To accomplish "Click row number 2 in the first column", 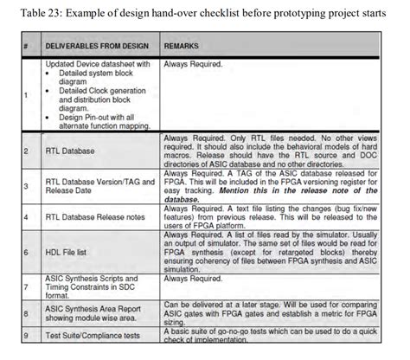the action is pos(29,151).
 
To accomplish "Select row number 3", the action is pos(29,185).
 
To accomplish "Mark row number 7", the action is pos(29,286).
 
